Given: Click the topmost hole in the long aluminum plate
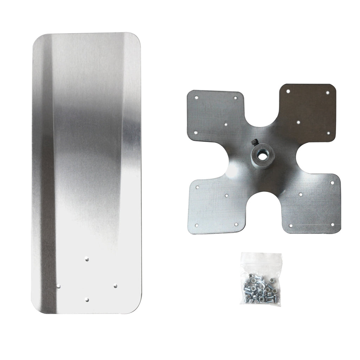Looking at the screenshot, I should (x=87, y=259).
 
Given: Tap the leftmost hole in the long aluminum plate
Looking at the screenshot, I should (x=59, y=286).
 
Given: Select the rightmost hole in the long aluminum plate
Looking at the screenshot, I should (x=115, y=286).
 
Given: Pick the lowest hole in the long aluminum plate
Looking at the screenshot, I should (x=87, y=300).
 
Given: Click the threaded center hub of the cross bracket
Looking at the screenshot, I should (x=261, y=155).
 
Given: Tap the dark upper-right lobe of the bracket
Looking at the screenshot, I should (x=307, y=109).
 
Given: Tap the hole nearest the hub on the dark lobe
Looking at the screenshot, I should (x=298, y=122).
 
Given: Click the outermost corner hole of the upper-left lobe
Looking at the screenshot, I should (x=197, y=97).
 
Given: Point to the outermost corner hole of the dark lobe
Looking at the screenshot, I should (x=327, y=93).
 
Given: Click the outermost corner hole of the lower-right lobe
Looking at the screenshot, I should (x=332, y=224).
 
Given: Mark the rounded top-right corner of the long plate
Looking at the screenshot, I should (x=136, y=38).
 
